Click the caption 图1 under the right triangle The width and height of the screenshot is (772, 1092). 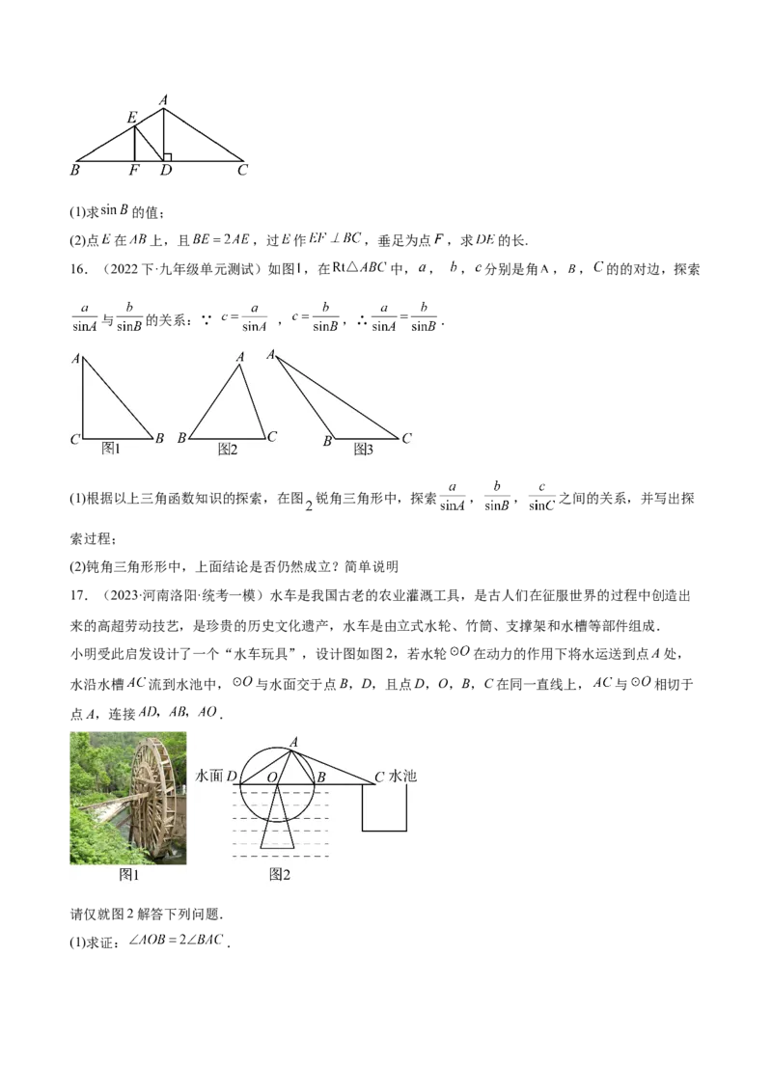111,449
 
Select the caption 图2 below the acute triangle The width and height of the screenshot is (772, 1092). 228,450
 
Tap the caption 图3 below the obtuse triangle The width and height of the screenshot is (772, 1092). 363,450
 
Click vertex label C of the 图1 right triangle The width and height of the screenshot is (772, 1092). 74,439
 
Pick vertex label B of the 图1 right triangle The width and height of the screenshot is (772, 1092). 159,439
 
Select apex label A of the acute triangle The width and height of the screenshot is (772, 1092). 239,357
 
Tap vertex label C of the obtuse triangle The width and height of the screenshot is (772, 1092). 406,438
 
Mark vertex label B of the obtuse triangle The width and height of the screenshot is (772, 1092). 327,441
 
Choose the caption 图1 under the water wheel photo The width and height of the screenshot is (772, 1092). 129,874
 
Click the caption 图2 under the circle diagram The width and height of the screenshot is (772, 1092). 280,875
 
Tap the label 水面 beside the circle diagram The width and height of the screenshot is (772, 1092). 209,776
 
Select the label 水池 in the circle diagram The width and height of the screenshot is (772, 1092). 403,776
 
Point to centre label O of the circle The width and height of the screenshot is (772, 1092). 272,777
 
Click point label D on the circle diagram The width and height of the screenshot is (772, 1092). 233,777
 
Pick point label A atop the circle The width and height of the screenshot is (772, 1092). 293,741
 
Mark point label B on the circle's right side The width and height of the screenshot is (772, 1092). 321,777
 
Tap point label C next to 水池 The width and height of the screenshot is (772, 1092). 379,776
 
